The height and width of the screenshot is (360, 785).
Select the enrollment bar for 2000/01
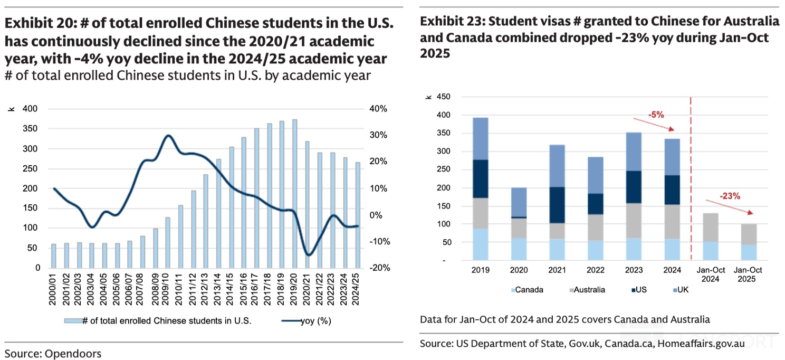coord(54,256)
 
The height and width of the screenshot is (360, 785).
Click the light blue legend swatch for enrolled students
coord(72,320)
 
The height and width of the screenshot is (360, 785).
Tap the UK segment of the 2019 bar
coord(481,138)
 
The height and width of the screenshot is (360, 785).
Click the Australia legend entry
coord(586,290)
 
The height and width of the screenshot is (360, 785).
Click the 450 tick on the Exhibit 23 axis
coord(442,97)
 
